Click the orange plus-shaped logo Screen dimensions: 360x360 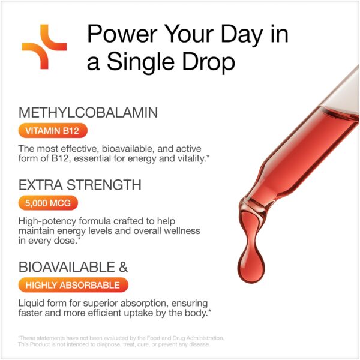(x=44, y=47)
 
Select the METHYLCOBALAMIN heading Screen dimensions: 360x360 (x=88, y=113)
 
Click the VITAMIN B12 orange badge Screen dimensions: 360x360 (x=53, y=131)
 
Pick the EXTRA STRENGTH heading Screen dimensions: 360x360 (x=80, y=185)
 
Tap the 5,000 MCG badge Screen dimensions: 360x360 (x=48, y=203)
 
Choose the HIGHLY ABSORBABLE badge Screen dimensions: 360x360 (x=73, y=285)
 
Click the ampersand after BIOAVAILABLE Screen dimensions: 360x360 (x=123, y=267)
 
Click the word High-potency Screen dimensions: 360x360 (x=47, y=221)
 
